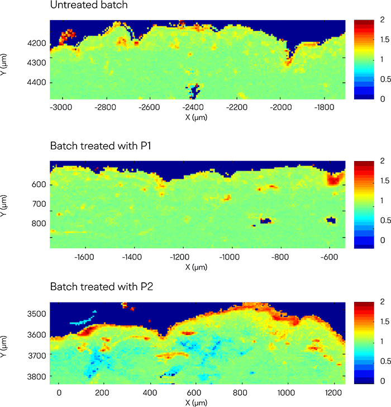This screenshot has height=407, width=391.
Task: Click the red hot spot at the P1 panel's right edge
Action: coord(335,179)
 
